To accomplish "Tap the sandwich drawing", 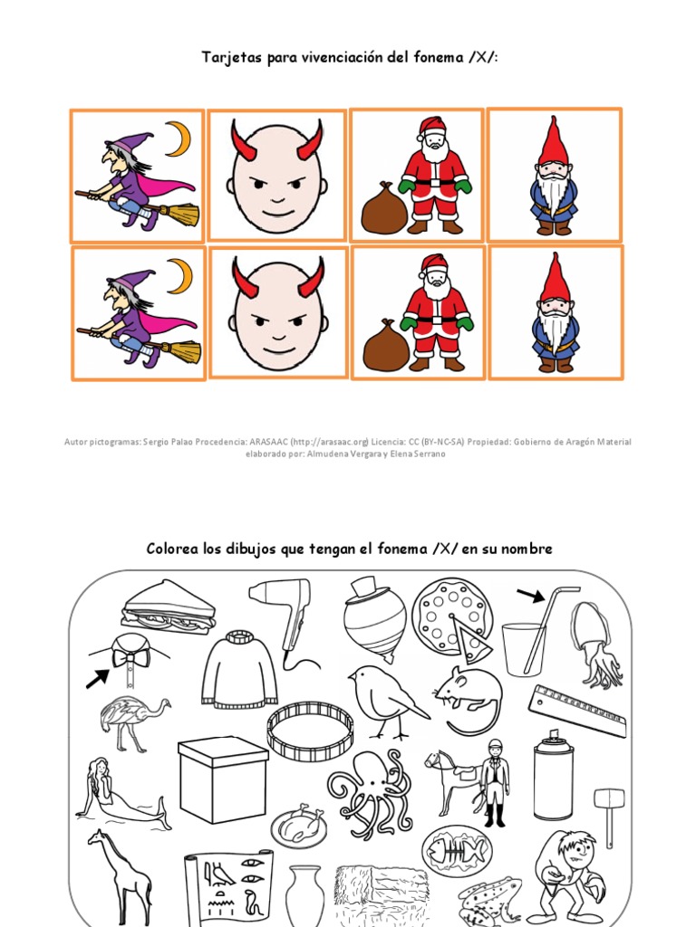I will (x=169, y=606).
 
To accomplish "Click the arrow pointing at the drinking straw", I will (x=530, y=595).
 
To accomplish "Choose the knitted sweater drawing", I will (x=239, y=669).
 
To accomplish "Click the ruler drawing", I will (x=576, y=710).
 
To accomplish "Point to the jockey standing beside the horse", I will (x=494, y=780).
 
